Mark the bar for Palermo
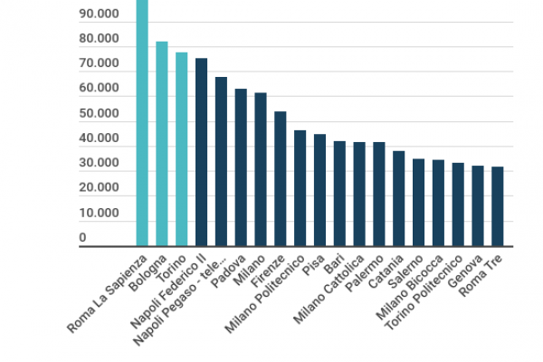pyautogui.click(x=379, y=194)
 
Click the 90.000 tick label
pyautogui.click(x=98, y=15)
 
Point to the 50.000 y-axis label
pyautogui.click(x=98, y=114)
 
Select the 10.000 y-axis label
pyautogui.click(x=98, y=214)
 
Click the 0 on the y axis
pyautogui.click(x=82, y=238)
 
